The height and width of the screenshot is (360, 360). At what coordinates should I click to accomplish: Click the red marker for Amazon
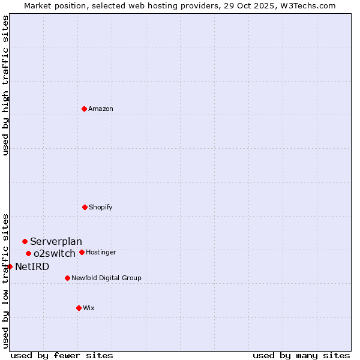point(85,109)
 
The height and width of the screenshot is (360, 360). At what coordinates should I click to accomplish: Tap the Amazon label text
point(101,109)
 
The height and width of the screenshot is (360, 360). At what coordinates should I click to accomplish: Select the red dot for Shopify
point(85,207)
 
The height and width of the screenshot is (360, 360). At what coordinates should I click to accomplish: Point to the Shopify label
point(101,208)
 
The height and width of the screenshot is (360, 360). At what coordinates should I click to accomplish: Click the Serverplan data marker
point(25,241)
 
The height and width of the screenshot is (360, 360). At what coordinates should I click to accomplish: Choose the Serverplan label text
point(56,242)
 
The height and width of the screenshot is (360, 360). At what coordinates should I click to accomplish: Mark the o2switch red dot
point(28,253)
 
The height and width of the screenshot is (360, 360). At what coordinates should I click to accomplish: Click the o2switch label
point(55,254)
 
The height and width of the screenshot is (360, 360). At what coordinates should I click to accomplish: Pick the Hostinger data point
point(82,252)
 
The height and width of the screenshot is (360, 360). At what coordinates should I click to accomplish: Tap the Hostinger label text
point(101,253)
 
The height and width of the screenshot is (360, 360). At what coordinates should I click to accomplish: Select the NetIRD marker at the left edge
point(10,266)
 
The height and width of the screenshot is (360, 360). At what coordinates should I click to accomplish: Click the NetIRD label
point(32,267)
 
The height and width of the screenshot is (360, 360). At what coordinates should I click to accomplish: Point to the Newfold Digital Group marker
point(67,278)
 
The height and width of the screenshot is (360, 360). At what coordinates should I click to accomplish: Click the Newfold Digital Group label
point(106,278)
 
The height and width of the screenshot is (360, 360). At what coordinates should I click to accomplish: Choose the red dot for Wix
point(79,308)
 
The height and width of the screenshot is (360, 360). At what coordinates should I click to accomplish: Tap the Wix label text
point(89,308)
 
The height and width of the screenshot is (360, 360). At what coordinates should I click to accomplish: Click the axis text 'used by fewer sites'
point(62,355)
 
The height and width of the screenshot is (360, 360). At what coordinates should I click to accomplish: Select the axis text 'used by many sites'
point(301,355)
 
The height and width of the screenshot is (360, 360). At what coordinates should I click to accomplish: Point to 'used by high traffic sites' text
point(5,85)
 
